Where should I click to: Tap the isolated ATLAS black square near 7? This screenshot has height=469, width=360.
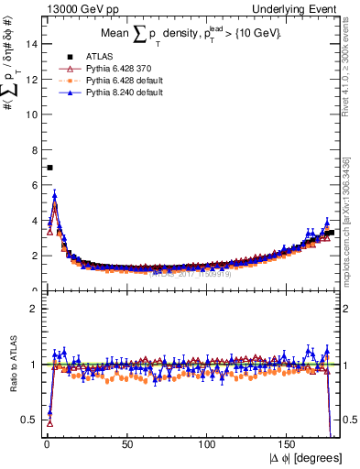(x=49, y=167)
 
